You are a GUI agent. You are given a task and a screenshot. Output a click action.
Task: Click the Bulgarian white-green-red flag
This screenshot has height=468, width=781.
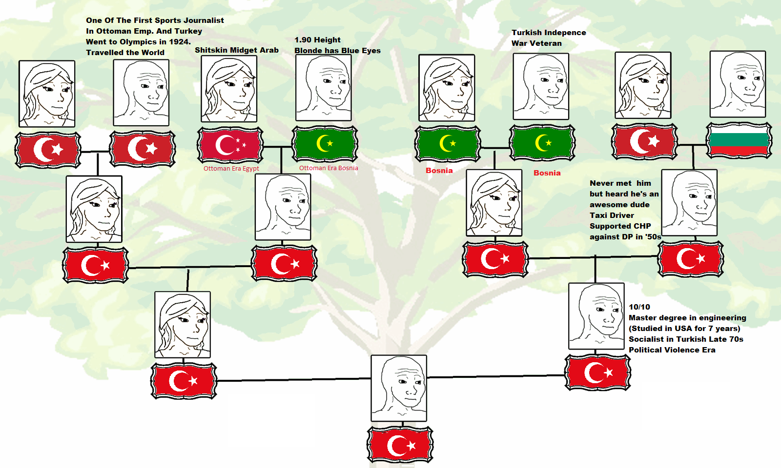(x=739, y=140)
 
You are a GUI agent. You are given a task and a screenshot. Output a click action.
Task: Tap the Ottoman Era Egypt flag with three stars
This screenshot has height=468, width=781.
(x=230, y=145)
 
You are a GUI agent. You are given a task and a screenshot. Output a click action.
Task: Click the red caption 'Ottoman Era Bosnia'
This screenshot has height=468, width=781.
(x=329, y=168)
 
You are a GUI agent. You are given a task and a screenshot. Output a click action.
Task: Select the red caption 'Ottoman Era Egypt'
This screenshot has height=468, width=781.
(x=231, y=169)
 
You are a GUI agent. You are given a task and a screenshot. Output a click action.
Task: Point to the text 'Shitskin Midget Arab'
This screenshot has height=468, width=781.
(x=237, y=50)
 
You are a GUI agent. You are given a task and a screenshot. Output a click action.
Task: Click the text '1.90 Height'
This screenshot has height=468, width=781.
(x=317, y=40)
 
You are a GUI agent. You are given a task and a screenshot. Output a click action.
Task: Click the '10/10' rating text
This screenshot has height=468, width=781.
(x=639, y=307)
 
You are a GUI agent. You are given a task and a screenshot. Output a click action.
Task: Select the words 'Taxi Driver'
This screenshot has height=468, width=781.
(x=612, y=215)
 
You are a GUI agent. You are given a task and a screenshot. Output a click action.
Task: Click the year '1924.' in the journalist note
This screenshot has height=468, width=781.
(x=179, y=42)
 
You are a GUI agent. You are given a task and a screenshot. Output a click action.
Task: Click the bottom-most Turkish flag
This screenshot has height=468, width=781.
(x=400, y=445)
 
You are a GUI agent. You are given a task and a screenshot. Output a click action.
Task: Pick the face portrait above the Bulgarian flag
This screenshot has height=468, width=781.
(x=738, y=84)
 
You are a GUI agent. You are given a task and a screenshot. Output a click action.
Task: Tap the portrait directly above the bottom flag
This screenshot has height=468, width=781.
(x=399, y=388)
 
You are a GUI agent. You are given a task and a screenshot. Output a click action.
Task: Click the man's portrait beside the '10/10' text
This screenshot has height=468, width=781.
(x=596, y=316)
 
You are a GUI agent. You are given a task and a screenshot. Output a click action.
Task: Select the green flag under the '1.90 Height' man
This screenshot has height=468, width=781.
(x=325, y=144)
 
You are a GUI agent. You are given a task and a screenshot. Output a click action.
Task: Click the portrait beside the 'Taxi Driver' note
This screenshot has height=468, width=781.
(x=689, y=202)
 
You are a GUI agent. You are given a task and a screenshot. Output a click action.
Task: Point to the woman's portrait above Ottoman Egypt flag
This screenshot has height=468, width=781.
(x=229, y=89)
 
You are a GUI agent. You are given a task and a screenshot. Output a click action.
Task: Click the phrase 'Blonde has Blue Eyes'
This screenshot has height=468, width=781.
(x=337, y=51)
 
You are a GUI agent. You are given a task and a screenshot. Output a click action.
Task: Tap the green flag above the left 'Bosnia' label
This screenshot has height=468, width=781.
(x=448, y=144)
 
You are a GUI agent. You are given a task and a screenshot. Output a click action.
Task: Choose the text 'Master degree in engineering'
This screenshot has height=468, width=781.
(x=687, y=318)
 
